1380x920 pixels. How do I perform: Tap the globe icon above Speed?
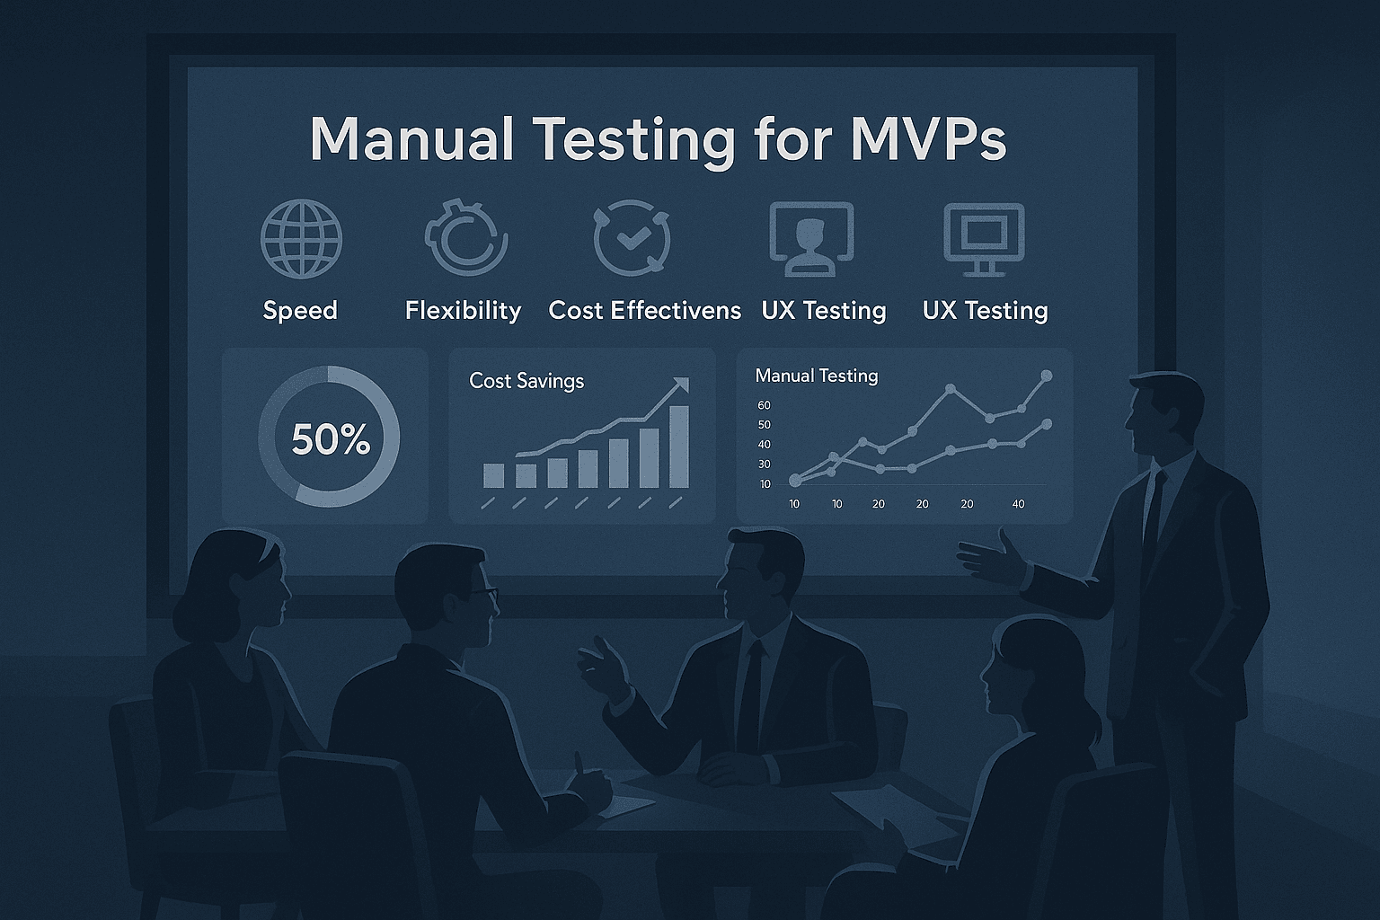[301, 238]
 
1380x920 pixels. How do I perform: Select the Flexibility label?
[464, 311]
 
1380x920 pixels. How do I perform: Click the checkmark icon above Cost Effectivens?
[632, 237]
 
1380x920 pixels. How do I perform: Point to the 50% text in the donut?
[331, 439]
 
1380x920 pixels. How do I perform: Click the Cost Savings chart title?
[526, 381]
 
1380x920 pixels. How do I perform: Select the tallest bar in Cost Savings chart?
[679, 447]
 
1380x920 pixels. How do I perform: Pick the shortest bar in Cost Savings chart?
[493, 475]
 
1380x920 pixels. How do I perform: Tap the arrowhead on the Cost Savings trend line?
[681, 385]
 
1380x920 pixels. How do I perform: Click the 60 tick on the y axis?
[764, 405]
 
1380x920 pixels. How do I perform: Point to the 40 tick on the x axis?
[1018, 504]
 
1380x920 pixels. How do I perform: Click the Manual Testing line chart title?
[817, 376]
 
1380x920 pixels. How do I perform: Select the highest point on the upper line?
[1046, 376]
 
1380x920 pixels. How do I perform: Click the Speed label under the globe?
[300, 311]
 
